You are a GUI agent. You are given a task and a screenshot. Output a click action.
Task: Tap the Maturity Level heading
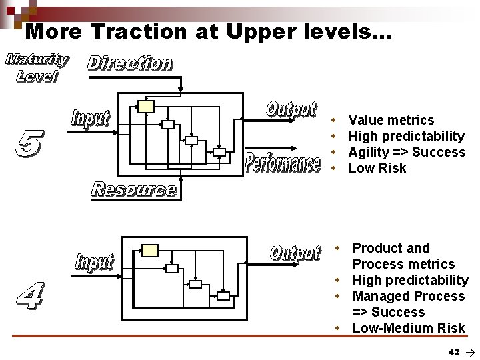[x=37, y=67]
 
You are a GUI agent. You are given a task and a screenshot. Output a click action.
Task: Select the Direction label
[x=130, y=63]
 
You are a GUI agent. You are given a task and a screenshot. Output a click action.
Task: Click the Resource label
[x=134, y=190]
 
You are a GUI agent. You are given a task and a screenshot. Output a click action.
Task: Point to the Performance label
[x=283, y=163]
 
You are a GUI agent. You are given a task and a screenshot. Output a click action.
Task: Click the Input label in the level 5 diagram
[x=90, y=119]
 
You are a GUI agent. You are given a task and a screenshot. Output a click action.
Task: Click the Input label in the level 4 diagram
[x=94, y=262]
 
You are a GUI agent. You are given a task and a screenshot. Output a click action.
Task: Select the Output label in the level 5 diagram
[x=291, y=109]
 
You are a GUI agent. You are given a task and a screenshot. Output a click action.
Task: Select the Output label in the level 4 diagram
[x=295, y=253]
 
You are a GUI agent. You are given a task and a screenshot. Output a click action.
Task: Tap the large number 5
[x=28, y=145]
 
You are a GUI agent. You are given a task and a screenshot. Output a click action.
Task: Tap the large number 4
[x=28, y=296]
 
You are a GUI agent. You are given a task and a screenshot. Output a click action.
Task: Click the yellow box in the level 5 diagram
[x=146, y=106]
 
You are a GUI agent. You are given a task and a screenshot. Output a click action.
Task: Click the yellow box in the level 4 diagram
[x=151, y=251]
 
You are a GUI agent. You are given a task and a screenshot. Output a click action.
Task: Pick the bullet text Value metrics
[x=391, y=120]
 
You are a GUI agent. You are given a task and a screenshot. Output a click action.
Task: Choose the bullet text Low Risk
[x=377, y=168]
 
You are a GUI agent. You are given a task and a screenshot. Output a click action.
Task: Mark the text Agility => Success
[x=407, y=152]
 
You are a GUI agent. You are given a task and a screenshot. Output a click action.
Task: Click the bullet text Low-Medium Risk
[x=409, y=328]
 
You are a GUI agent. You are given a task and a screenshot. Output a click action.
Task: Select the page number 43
[x=454, y=351]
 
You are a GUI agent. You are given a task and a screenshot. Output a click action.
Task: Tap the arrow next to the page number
[x=470, y=351]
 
